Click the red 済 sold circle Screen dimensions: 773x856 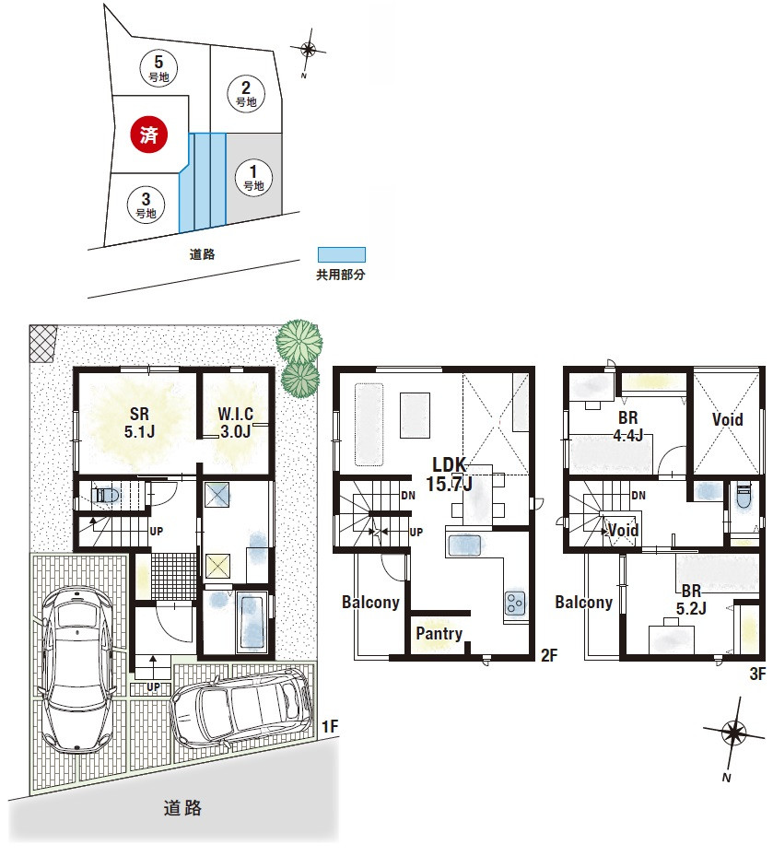pos(148,135)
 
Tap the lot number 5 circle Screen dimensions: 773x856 pos(158,68)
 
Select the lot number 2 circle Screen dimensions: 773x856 pos(246,94)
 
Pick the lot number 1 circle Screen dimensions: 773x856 pos(253,178)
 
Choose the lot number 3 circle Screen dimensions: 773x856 pos(146,205)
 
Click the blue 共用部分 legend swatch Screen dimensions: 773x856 pos(342,255)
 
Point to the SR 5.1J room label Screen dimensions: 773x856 pos(139,423)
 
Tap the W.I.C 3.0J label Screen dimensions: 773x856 pos(235,423)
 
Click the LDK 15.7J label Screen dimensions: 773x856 pos(449,474)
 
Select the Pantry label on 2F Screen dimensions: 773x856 pos(439,633)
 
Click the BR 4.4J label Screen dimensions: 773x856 pos(627,427)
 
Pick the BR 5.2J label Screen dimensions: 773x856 pos(691,600)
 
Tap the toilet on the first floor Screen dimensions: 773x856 pos(106,495)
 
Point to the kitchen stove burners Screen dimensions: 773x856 pos(515,604)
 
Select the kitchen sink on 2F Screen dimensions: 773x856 pos(464,545)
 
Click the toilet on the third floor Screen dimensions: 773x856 pos(744,497)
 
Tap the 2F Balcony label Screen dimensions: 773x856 pos(370,602)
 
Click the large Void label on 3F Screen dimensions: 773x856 pos(727,420)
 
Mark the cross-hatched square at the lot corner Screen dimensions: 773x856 pos(42,343)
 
